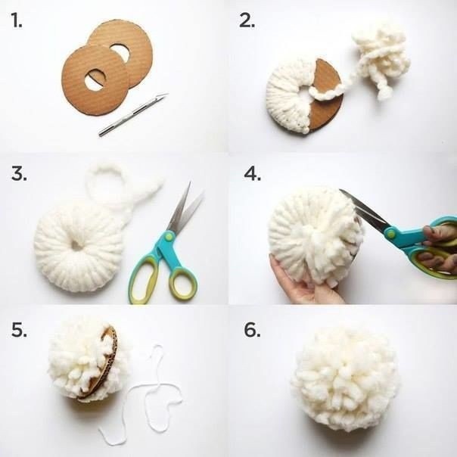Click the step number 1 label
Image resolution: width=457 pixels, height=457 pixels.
click(17, 21)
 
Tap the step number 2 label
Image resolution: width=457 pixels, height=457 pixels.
click(247, 21)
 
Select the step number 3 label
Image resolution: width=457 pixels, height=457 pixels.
click(19, 173)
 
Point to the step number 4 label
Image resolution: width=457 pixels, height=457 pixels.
click(253, 174)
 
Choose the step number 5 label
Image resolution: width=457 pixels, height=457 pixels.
click(19, 330)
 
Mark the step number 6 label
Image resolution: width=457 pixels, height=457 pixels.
click(253, 330)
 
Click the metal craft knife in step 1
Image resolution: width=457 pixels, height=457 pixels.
click(133, 114)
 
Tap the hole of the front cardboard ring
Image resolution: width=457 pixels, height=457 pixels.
click(96, 79)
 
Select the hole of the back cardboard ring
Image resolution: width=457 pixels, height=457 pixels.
click(120, 52)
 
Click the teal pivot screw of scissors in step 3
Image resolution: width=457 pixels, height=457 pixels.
click(169, 236)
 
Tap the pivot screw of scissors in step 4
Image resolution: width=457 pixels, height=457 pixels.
click(390, 232)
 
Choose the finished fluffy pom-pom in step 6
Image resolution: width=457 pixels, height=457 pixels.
click(345, 379)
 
